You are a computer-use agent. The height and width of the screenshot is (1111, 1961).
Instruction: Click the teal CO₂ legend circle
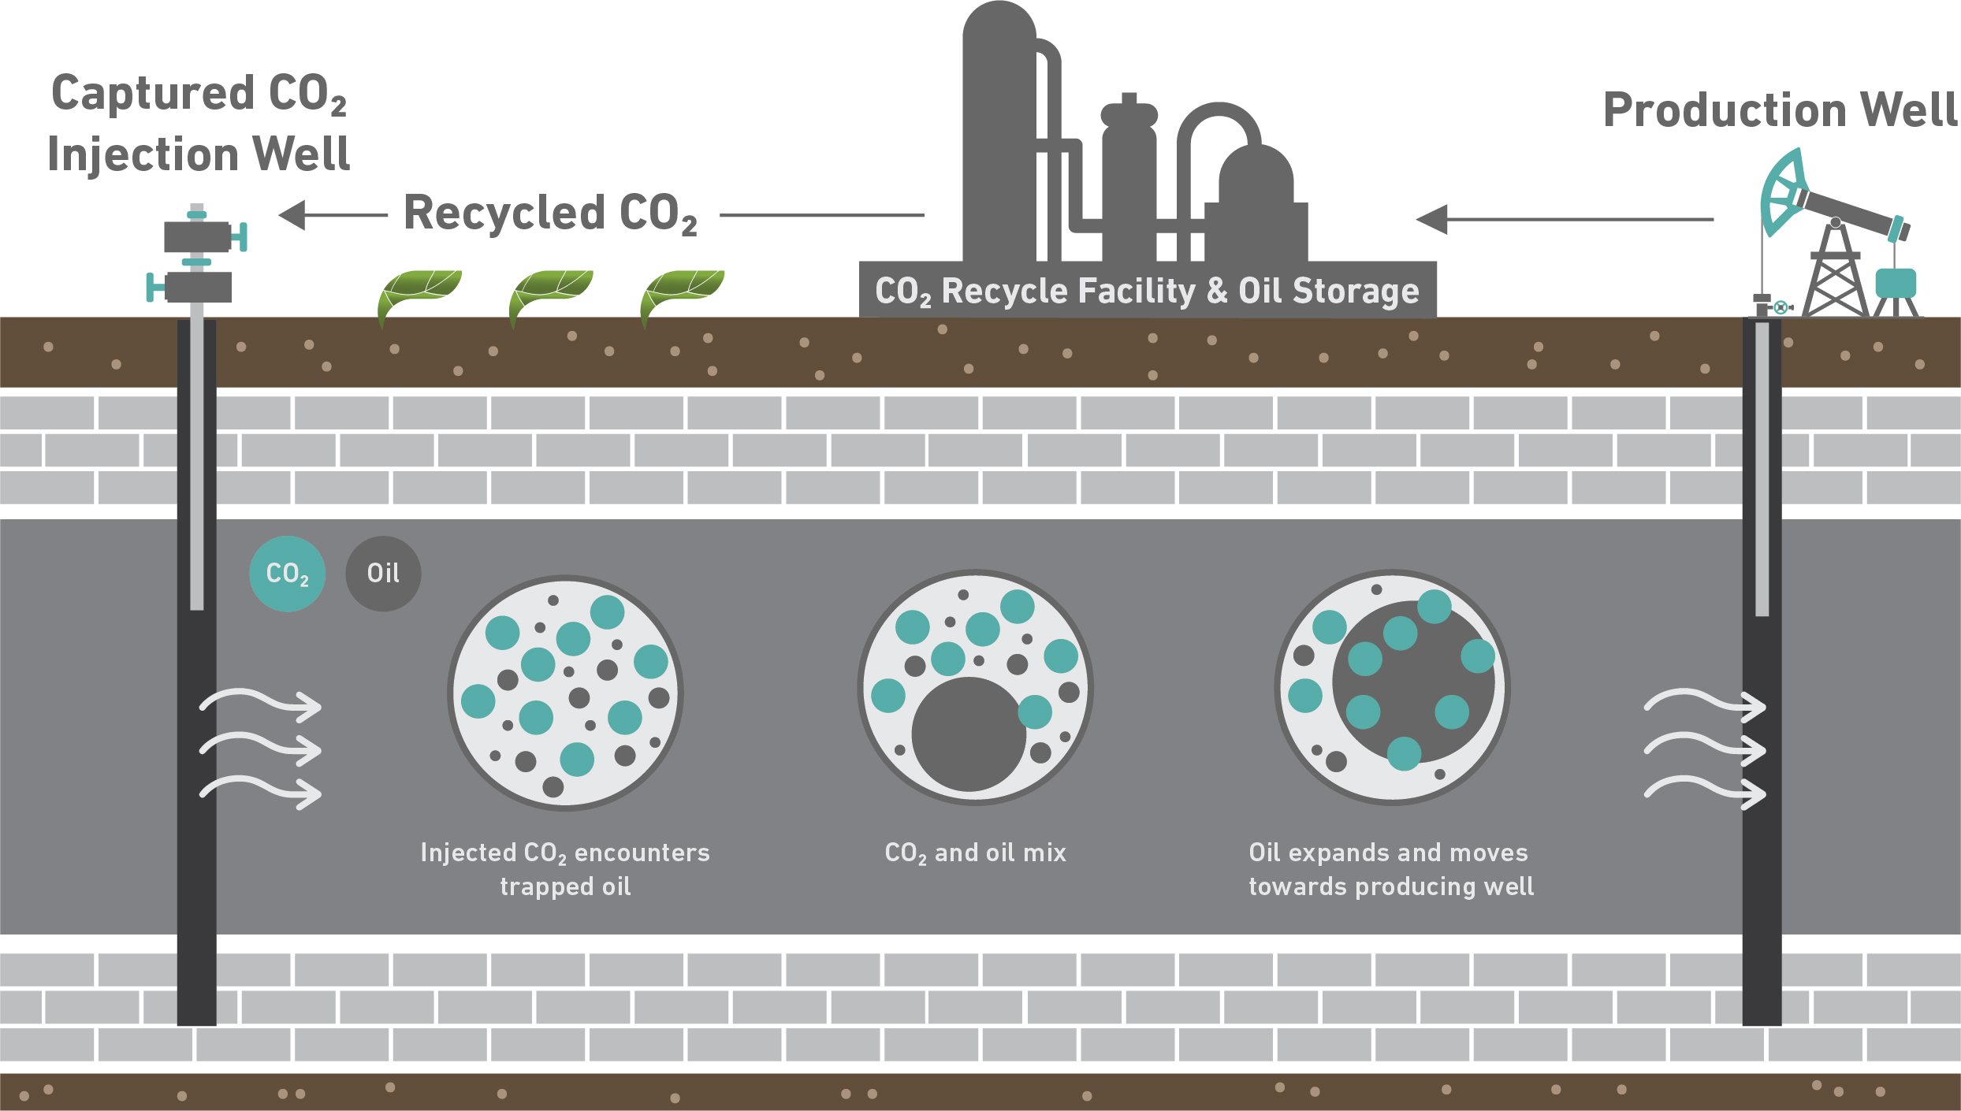tap(287, 574)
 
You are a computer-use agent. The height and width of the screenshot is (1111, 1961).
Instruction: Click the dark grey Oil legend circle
tap(383, 574)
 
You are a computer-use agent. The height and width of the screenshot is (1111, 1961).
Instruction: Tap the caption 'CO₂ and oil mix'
tap(975, 853)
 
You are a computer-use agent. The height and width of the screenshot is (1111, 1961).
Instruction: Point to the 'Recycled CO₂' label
tap(550, 213)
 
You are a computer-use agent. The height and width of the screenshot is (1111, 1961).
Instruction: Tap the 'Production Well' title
tap(1780, 110)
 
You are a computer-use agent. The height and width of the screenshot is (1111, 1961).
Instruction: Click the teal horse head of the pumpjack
tap(1783, 192)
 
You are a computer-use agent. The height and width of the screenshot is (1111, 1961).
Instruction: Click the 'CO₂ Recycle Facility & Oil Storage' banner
tap(1147, 291)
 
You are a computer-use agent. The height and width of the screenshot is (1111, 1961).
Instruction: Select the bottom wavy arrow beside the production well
tap(1704, 791)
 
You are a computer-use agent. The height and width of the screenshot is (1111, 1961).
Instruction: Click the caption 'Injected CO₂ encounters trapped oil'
tap(564, 869)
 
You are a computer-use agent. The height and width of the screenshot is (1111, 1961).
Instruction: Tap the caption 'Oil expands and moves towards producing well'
tap(1390, 869)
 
